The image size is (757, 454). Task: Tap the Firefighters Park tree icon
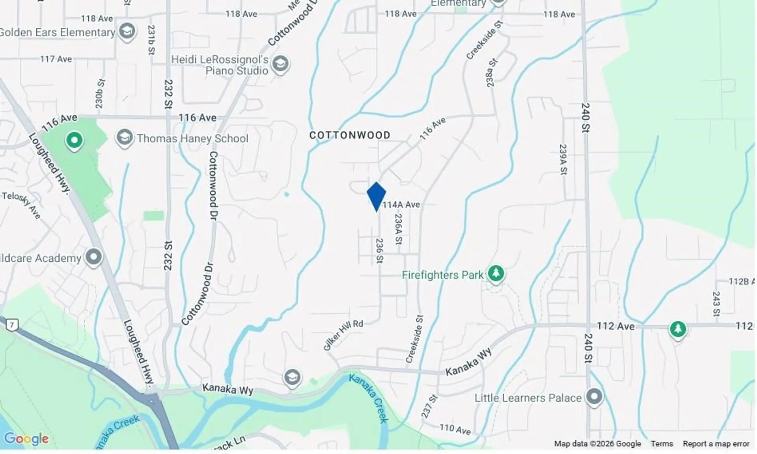point(496,273)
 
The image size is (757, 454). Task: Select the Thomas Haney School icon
point(125,138)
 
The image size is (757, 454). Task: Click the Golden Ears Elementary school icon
point(127,31)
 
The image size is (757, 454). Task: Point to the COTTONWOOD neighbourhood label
point(350,135)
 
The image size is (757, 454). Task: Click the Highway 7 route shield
point(12,325)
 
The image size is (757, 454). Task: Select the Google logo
point(26,438)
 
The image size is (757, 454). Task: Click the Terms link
point(662,444)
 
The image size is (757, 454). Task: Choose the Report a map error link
point(716,444)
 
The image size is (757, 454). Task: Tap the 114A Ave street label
point(401,205)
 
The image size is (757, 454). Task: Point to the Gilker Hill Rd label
point(343,335)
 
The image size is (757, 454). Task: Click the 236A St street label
point(398,229)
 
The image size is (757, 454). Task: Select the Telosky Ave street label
point(21,205)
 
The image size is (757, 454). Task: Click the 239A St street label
point(563,159)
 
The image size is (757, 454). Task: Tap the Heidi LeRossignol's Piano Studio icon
point(280,63)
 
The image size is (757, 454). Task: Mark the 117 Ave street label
point(56,59)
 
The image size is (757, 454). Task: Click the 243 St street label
point(716,303)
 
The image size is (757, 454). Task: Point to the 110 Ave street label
point(455,429)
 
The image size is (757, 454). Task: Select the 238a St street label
point(491,73)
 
